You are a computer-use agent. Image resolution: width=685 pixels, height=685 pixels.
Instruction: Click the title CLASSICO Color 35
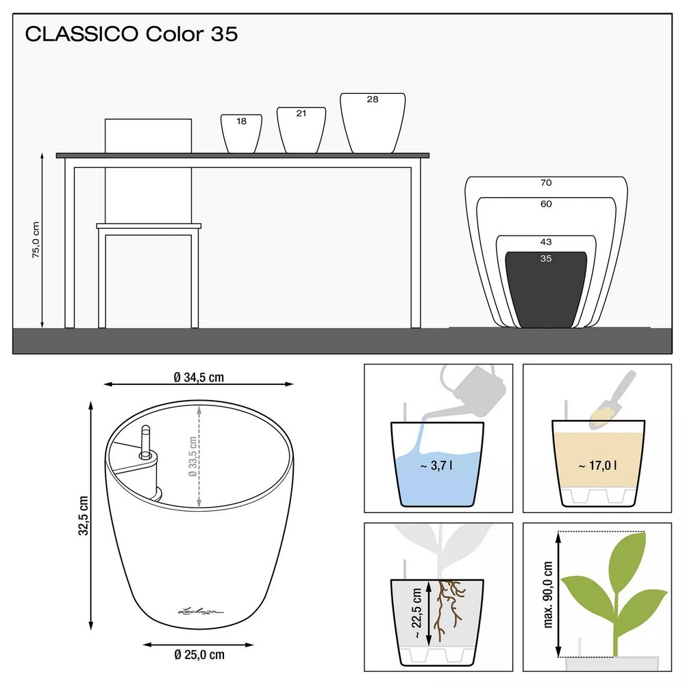point(131,34)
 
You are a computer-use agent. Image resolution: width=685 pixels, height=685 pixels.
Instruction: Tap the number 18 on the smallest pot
point(242,121)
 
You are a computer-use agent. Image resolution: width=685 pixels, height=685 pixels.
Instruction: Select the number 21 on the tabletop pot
point(301,113)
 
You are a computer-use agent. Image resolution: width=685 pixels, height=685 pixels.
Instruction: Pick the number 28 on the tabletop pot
point(373,99)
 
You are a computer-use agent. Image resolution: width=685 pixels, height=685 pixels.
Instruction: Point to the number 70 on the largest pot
point(546,183)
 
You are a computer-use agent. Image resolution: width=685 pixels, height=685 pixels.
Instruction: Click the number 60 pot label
point(546,203)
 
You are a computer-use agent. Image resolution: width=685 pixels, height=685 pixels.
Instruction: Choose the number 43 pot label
point(546,242)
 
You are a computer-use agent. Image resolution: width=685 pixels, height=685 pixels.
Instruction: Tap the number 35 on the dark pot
point(546,258)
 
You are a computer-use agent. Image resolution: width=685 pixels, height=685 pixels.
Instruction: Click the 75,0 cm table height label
point(36,240)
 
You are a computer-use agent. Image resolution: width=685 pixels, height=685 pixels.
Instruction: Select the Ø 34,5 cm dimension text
point(199,377)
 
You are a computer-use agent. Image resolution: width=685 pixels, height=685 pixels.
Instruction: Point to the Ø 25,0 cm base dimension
point(199,654)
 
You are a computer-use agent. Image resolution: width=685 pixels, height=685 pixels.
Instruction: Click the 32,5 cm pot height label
point(83,516)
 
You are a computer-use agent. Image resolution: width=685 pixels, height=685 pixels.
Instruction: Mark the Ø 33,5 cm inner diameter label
point(192,456)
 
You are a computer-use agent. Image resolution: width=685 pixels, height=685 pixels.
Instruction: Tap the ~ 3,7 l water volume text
point(436,466)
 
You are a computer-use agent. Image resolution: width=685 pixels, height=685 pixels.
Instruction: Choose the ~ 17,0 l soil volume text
point(597,466)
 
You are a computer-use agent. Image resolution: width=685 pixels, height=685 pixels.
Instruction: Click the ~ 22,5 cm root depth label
point(416,613)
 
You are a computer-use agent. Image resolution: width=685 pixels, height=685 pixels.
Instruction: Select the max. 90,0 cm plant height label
point(548,595)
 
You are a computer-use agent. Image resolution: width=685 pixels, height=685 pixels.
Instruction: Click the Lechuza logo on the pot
point(201,611)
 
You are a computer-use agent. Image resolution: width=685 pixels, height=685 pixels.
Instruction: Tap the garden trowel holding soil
point(612,399)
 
